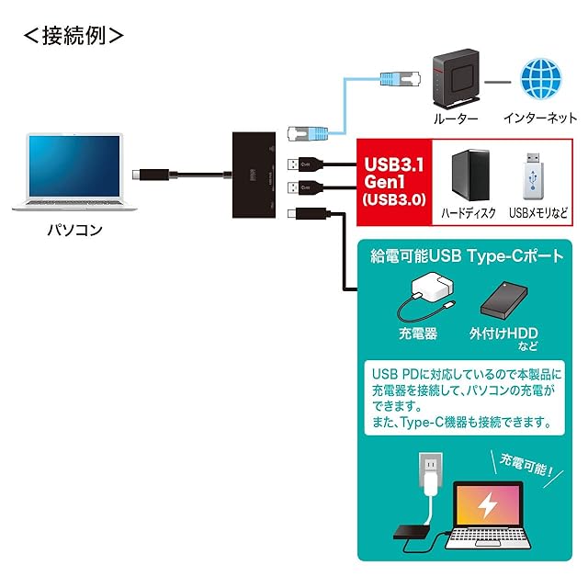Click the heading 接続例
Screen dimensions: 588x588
tap(73, 36)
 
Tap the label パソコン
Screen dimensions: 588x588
tap(74, 231)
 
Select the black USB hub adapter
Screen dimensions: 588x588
tap(253, 171)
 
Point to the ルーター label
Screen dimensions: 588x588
tap(453, 119)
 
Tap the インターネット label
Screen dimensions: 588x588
tap(540, 119)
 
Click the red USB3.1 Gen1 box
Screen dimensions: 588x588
tap(394, 179)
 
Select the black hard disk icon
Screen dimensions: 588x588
tap(469, 175)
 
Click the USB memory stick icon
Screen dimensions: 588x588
tap(532, 176)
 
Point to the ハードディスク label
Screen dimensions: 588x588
tap(469, 213)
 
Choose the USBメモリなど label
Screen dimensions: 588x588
tap(533, 213)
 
